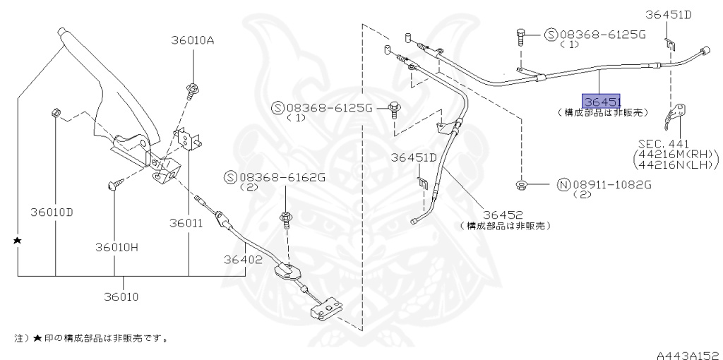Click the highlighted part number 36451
tap(601, 102)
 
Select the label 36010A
tap(191, 40)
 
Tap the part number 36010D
tap(52, 211)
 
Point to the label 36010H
tap(117, 247)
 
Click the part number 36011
tap(186, 223)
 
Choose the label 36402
tap(244, 259)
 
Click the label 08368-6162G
tap(281, 177)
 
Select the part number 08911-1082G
tap(611, 185)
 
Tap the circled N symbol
tap(563, 185)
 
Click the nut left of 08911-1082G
tap(521, 185)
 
